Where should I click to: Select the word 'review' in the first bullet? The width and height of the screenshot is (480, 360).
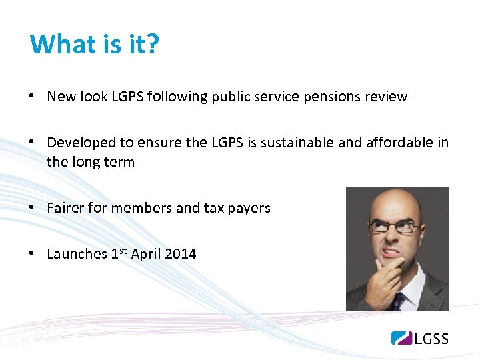point(386,97)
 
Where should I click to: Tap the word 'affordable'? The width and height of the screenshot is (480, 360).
point(394,143)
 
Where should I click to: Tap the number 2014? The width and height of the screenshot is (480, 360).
point(180,254)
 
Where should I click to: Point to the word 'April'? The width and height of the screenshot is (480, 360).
point(145,254)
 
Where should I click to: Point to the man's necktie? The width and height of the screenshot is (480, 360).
point(398,301)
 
